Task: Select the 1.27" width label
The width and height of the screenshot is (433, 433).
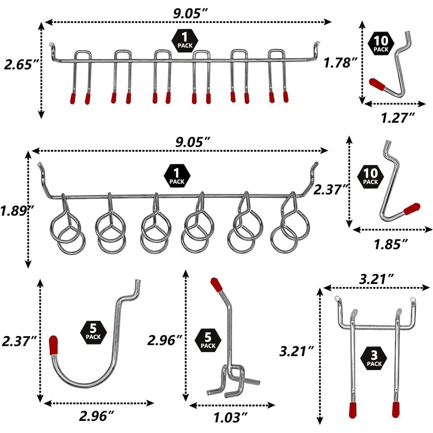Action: [398, 118]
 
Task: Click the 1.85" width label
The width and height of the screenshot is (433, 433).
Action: [391, 245]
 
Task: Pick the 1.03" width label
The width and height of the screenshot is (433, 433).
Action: [230, 418]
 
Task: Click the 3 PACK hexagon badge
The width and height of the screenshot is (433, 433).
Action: [374, 358]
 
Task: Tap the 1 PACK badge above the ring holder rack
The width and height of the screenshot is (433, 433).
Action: [177, 176]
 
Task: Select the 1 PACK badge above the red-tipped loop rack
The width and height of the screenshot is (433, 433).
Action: [185, 40]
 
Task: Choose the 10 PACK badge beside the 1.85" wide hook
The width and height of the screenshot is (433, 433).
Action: [370, 176]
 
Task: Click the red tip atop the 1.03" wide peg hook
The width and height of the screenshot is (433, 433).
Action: [216, 285]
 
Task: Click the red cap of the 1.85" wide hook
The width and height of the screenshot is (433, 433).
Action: [412, 209]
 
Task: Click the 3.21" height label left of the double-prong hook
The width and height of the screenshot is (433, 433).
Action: [297, 351]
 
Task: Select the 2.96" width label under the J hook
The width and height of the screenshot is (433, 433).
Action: [96, 416]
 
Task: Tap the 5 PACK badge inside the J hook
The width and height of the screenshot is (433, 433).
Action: [93, 332]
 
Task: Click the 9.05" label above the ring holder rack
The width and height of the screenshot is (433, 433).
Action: [192, 142]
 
